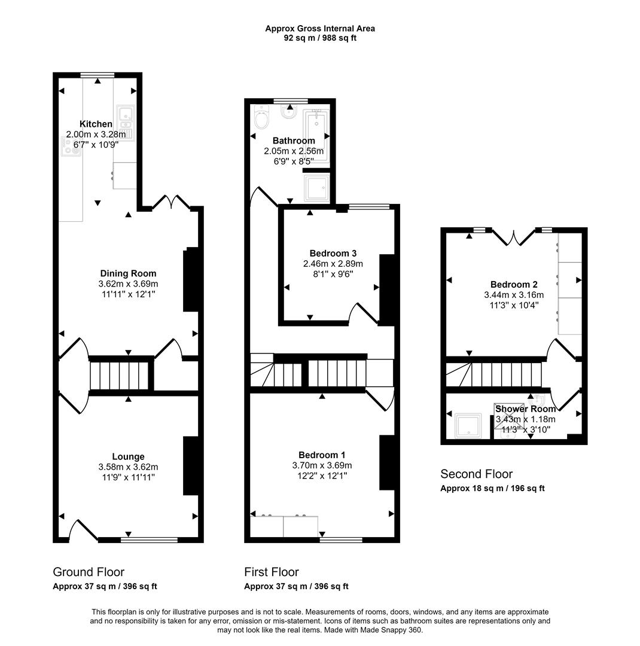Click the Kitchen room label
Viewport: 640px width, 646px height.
tap(96, 124)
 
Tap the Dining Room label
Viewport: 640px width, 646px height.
tap(128, 273)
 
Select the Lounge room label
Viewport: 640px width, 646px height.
tap(128, 456)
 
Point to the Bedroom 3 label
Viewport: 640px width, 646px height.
tap(333, 253)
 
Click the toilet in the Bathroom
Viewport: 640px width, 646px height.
tap(261, 118)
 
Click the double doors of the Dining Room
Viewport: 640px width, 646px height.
tap(172, 202)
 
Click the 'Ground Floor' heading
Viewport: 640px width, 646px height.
tap(89, 572)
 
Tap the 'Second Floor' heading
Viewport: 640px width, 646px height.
tap(476, 474)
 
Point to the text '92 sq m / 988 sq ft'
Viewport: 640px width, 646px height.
tap(320, 38)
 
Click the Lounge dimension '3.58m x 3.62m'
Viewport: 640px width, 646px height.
tap(128, 467)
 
